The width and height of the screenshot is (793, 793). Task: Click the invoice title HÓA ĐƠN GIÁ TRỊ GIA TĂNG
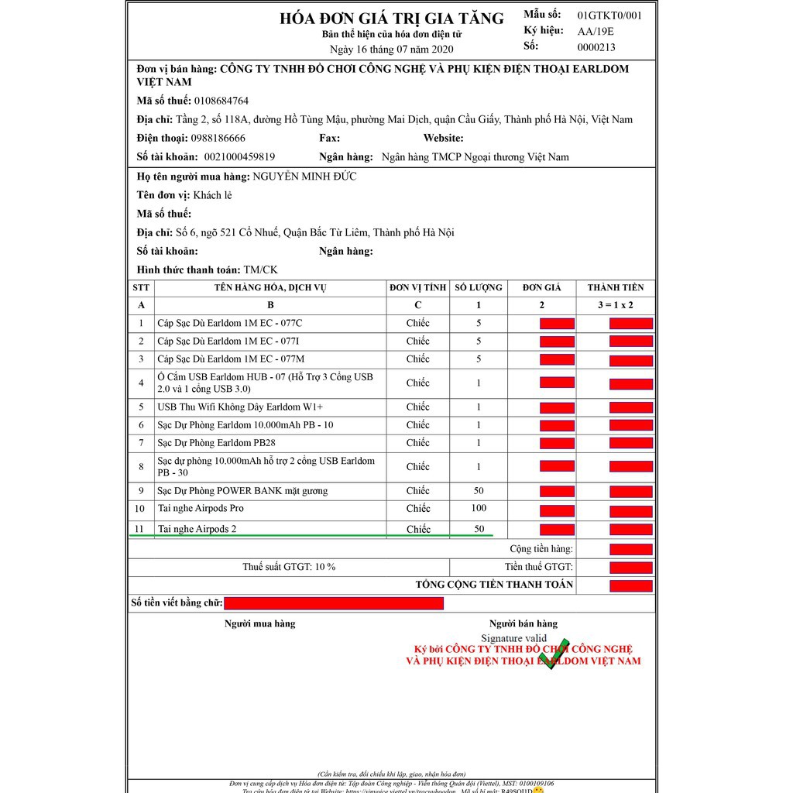pos(391,19)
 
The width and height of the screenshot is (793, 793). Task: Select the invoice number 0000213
pos(596,47)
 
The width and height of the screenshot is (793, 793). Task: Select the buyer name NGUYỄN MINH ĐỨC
pos(304,177)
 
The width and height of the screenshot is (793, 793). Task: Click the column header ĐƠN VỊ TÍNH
pos(417,287)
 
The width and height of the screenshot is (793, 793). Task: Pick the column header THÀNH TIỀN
pos(616,287)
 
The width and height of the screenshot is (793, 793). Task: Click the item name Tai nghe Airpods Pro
pos(201,509)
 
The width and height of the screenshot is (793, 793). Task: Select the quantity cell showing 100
pos(479,508)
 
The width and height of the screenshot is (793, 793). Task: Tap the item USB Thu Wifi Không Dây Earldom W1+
pos(240,407)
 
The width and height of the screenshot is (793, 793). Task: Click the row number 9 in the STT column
pos(141,491)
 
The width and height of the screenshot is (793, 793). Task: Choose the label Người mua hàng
pos(259,623)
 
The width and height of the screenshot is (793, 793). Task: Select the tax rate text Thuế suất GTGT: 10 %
pos(289,567)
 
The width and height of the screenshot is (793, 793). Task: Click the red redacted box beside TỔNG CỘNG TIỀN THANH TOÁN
pos(631,585)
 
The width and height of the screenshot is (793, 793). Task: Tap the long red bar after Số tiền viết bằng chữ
pos(334,603)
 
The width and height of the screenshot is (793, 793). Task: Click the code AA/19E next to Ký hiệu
pos(595,32)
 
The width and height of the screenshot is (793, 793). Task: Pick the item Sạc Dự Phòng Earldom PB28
pos(216,443)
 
